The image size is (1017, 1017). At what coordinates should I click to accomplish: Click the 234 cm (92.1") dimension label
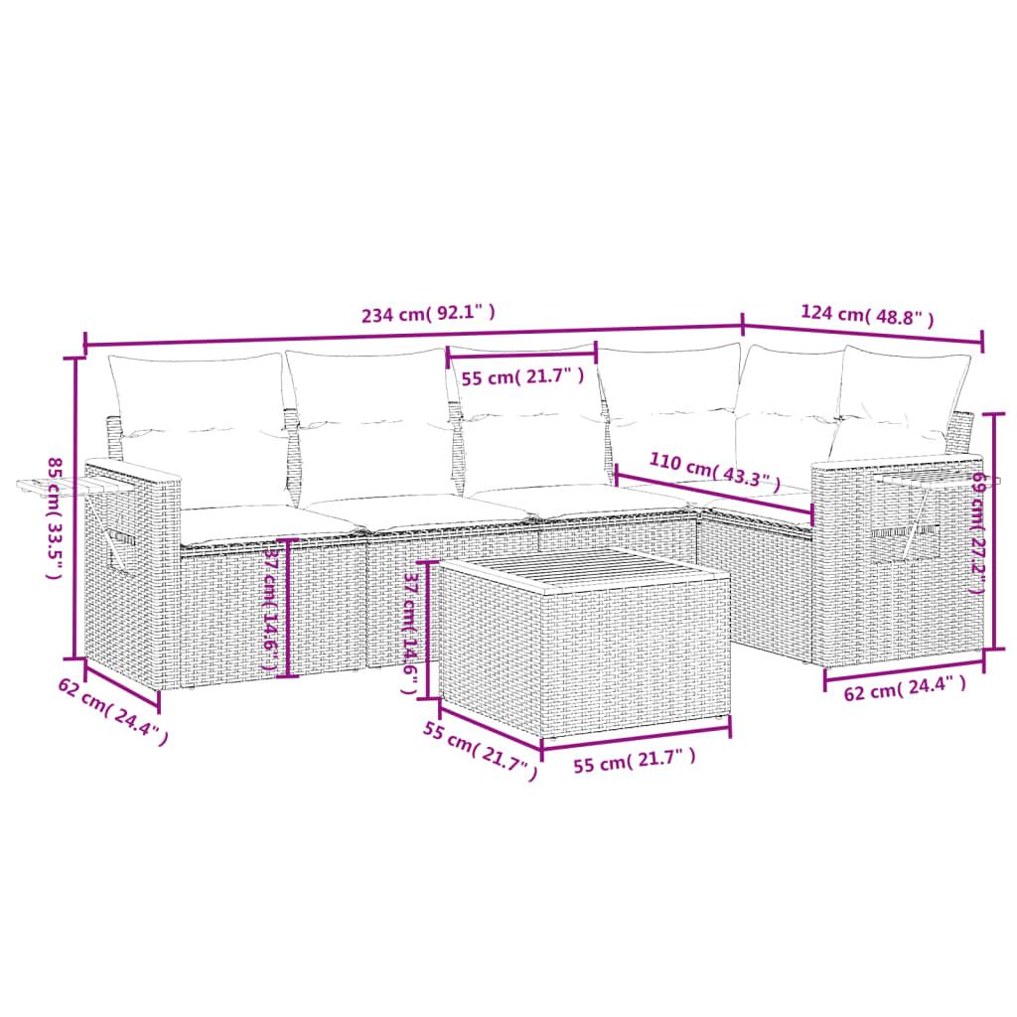click(x=428, y=315)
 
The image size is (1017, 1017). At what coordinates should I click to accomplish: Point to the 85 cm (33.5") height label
click(x=56, y=518)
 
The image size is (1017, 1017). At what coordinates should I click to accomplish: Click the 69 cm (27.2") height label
click(x=977, y=532)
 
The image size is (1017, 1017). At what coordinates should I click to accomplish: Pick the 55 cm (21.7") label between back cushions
click(x=520, y=377)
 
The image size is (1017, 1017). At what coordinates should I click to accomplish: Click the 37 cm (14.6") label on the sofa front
click(x=268, y=608)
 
